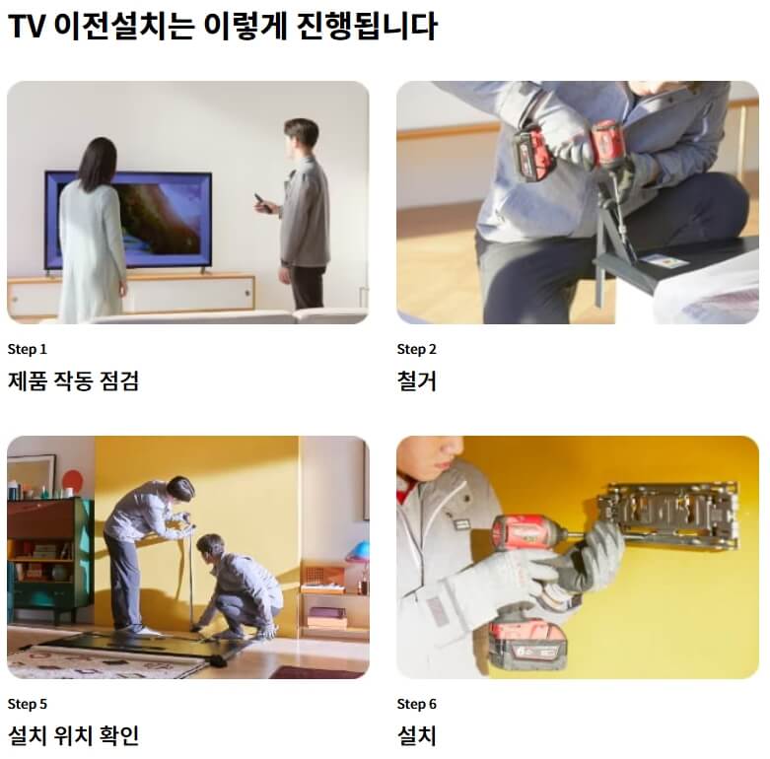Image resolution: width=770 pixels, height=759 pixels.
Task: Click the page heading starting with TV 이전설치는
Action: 222,26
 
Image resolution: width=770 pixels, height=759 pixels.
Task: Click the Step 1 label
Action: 28,349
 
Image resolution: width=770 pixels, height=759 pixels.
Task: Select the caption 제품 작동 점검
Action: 73,380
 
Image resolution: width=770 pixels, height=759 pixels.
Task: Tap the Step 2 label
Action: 417,349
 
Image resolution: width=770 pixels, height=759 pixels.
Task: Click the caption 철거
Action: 416,380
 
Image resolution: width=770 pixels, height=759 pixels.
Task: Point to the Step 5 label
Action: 28,704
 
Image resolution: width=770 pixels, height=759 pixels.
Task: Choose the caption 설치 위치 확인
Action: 73,735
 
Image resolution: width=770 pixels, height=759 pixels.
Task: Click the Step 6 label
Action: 417,704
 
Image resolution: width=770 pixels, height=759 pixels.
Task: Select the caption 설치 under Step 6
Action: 416,735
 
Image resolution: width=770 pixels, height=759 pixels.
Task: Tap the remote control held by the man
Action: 260,203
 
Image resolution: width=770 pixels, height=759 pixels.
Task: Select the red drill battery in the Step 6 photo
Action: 527,645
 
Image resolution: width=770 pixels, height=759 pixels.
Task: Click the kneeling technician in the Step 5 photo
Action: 237,586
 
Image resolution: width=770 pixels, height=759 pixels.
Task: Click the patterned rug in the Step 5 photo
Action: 99,662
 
